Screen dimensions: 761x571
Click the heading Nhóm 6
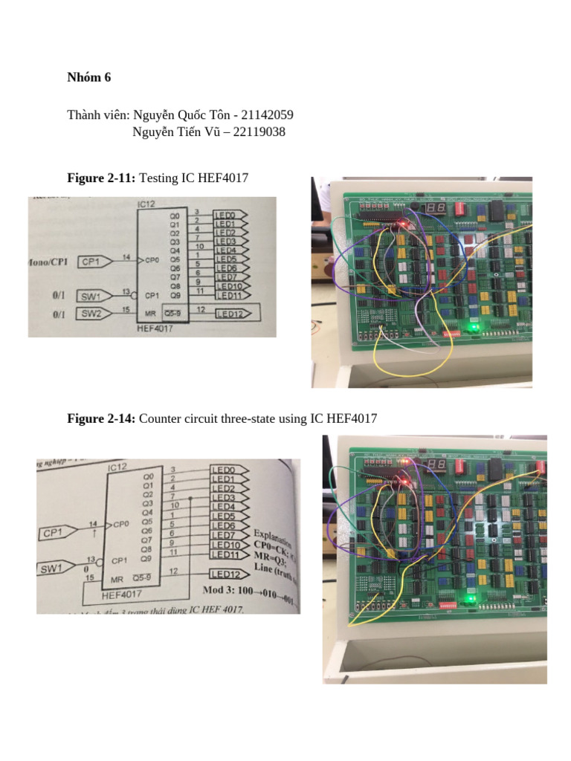click(x=88, y=77)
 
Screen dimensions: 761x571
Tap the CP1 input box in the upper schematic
click(x=94, y=262)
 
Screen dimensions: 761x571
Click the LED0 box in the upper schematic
click(x=229, y=216)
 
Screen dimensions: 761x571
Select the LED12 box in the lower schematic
click(x=228, y=574)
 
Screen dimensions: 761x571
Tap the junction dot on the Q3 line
click(x=192, y=498)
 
